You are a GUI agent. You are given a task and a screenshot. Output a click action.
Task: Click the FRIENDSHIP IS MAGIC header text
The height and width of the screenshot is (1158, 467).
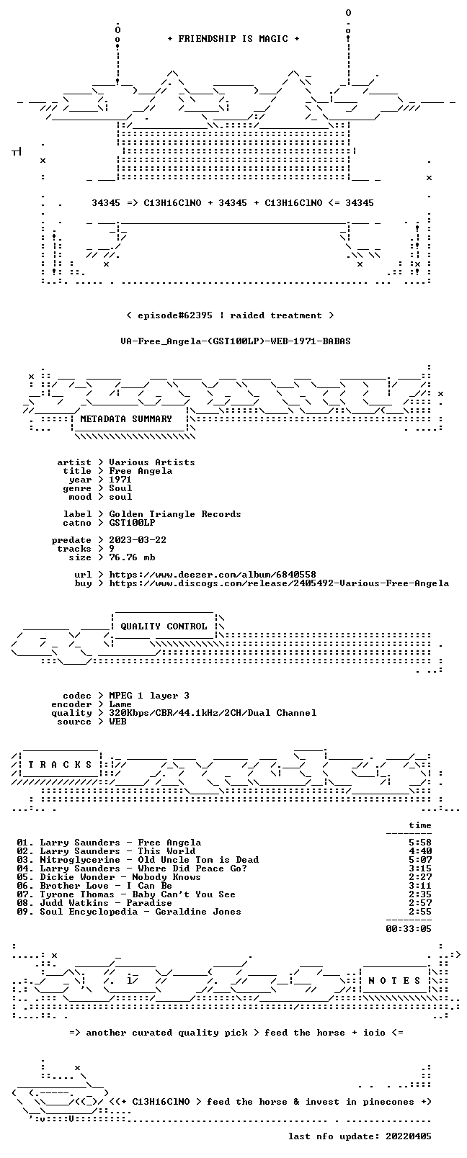pyautogui.click(x=233, y=39)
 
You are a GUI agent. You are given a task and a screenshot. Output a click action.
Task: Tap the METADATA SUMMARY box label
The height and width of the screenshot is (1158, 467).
pyautogui.click(x=125, y=418)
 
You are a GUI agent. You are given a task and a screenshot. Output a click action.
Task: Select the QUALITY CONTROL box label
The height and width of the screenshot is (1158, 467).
pyautogui.click(x=164, y=626)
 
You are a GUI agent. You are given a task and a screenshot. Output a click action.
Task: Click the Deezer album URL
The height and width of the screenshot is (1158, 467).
pyautogui.click(x=213, y=575)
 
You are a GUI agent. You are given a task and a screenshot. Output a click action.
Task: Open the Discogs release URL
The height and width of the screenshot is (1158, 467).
pyautogui.click(x=279, y=583)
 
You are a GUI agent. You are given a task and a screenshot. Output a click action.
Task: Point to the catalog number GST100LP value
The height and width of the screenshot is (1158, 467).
pyautogui.click(x=132, y=523)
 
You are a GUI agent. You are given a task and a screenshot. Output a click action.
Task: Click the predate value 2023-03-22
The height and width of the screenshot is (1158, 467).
pyautogui.click(x=138, y=539)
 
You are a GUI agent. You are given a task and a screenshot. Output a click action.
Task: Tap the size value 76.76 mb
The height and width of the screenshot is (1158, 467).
pyautogui.click(x=132, y=557)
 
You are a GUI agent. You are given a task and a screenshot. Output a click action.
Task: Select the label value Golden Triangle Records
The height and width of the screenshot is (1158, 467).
pyautogui.click(x=175, y=514)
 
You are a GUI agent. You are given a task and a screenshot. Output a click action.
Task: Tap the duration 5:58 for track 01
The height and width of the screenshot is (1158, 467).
pyautogui.click(x=420, y=842)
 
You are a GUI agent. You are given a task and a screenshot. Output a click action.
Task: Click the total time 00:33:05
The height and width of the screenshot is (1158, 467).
pyautogui.click(x=409, y=929)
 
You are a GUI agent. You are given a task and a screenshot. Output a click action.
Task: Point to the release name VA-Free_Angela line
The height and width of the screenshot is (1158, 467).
pyautogui.click(x=236, y=341)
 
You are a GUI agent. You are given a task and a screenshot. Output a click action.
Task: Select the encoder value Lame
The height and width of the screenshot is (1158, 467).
pyautogui.click(x=120, y=704)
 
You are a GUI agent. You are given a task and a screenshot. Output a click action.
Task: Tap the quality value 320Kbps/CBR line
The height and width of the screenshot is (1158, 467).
pyautogui.click(x=213, y=713)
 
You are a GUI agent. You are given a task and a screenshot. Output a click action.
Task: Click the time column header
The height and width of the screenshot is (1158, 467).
pyautogui.click(x=420, y=825)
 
